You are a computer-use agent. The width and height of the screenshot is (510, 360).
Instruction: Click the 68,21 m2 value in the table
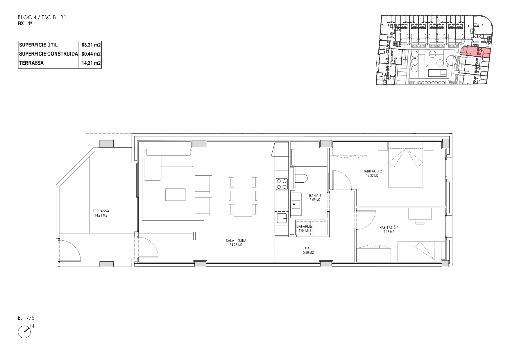click(91, 45)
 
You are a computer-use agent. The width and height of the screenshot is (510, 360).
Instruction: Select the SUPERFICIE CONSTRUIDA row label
click(48, 54)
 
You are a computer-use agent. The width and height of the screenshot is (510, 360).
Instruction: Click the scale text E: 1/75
click(26, 318)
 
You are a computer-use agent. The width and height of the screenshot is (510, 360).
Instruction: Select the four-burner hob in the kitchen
click(282, 183)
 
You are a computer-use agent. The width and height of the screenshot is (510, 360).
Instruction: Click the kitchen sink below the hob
click(282, 218)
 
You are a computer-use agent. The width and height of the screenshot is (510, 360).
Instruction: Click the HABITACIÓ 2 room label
click(372, 173)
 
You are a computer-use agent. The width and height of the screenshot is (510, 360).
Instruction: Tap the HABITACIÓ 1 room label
click(389, 230)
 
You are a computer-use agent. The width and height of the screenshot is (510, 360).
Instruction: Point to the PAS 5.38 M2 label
click(308, 250)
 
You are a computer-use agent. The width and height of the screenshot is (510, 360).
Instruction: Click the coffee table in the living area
click(176, 195)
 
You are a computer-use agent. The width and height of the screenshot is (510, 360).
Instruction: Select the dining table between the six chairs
click(243, 196)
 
